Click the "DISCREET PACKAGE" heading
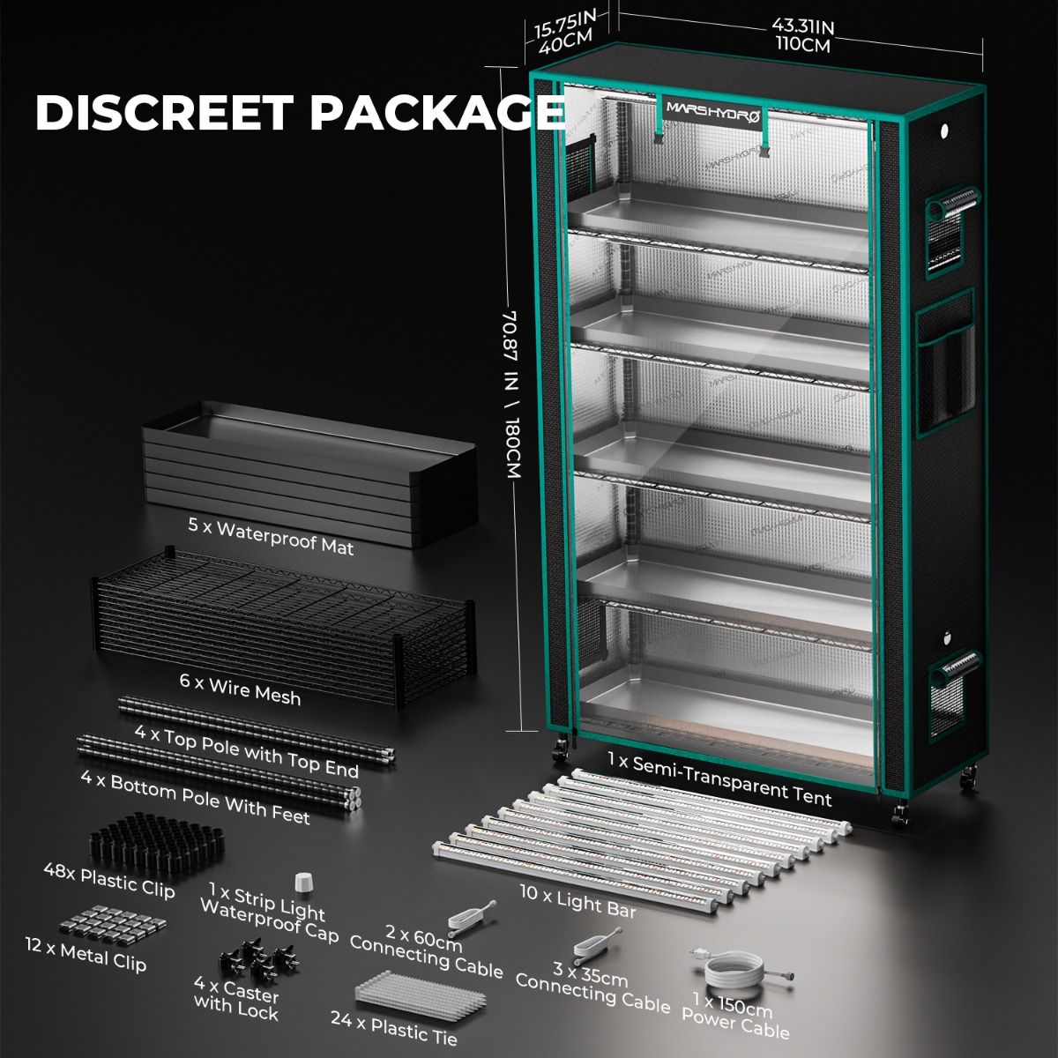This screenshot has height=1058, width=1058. pos(300,113)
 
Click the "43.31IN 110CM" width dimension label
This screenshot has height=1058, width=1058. pos(802,35)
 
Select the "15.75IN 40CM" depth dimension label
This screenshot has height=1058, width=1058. pos(566,32)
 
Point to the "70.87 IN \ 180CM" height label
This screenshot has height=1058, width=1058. pos(511,394)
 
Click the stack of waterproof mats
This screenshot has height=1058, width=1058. pos(309,473)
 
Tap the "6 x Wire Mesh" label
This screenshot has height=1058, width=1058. pos(241,689)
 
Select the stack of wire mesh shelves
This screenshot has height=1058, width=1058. pos(284,627)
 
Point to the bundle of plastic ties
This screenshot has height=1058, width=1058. pos(421,995)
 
